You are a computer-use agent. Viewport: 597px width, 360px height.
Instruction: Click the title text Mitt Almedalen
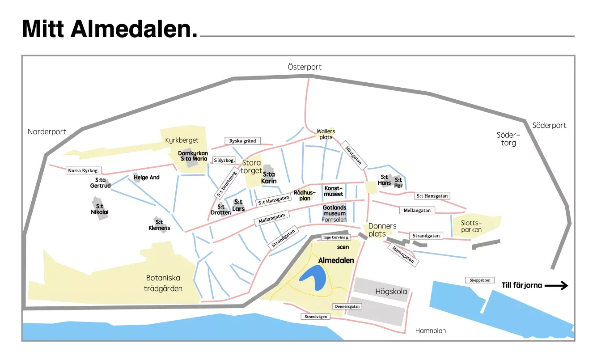(110, 29)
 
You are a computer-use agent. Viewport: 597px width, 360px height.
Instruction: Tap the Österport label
(305, 67)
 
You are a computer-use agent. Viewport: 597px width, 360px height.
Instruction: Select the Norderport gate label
(47, 131)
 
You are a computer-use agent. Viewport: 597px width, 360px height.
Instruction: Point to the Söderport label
(549, 126)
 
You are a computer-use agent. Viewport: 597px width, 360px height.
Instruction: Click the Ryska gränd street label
(242, 141)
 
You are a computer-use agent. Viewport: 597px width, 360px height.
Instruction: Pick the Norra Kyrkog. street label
(83, 170)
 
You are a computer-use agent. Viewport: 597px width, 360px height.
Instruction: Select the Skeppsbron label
(480, 280)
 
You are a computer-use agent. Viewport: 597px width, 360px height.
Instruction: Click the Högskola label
(391, 292)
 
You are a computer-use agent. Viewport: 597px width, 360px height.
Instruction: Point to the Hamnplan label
(430, 331)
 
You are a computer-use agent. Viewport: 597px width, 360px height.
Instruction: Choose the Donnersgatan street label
(347, 306)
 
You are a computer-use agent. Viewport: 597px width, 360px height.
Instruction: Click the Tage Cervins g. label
(336, 237)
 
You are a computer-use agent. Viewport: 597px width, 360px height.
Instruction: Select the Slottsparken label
(471, 226)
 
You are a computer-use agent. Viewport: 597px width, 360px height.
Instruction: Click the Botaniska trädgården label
(163, 283)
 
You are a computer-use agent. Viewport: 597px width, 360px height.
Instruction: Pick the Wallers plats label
(326, 134)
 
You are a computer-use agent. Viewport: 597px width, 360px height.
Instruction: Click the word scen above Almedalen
(343, 247)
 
